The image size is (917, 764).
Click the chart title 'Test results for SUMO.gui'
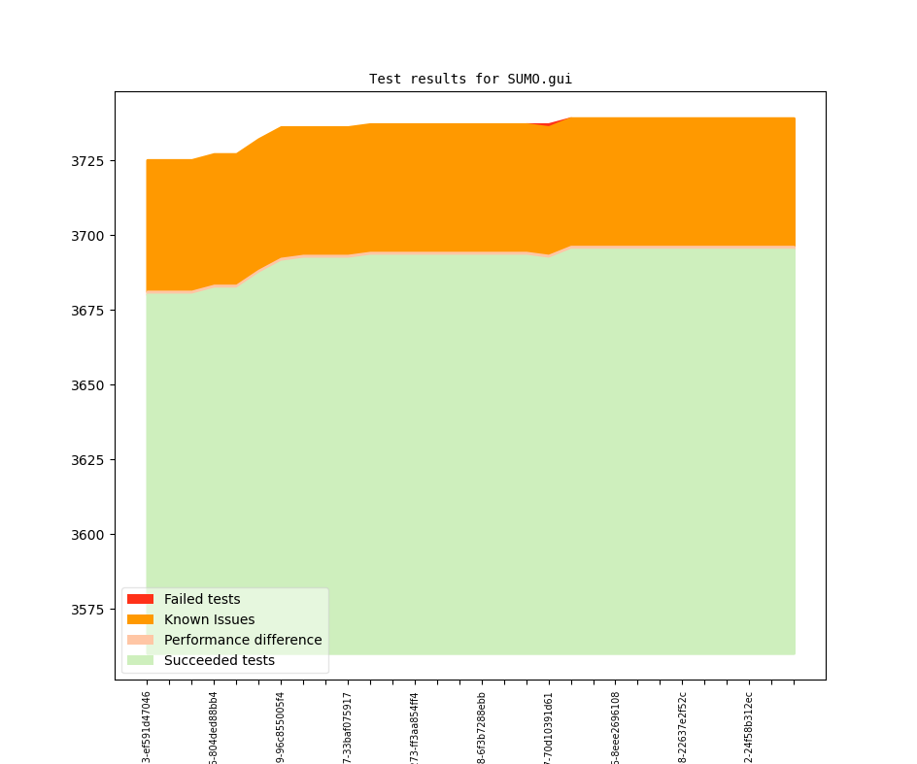470,79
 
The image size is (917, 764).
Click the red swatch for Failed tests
140,599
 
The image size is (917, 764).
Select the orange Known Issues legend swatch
140,619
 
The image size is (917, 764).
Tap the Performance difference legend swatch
140,640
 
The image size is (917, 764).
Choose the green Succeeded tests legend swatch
140,660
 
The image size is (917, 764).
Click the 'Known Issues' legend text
209,619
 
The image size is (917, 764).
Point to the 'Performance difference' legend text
243,640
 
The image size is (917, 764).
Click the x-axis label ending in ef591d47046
147,727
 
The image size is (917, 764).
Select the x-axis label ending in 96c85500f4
281,727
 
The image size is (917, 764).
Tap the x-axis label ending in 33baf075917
348,727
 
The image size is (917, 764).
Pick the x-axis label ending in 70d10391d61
549,727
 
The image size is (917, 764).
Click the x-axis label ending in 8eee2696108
616,727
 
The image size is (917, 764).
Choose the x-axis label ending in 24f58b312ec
749,727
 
